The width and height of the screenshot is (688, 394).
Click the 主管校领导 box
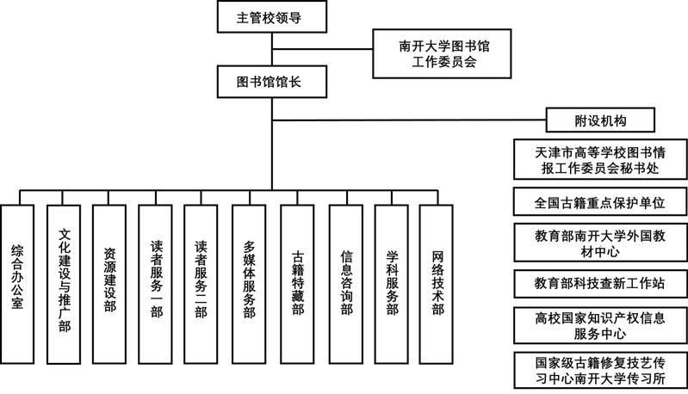click(272, 16)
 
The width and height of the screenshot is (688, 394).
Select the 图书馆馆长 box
click(272, 82)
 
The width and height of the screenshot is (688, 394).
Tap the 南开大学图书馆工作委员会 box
click(442, 53)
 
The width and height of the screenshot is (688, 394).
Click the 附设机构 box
click(600, 120)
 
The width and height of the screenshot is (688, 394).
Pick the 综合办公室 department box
click(17, 284)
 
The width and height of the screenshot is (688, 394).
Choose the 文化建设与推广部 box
click(64, 284)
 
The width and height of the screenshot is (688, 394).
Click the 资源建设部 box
click(109, 284)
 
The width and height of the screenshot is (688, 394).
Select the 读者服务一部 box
click(155, 284)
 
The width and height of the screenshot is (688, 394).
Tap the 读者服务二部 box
click(201, 284)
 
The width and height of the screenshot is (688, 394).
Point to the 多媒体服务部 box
click(249, 284)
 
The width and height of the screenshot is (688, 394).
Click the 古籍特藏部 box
click(297, 284)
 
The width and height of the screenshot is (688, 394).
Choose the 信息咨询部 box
click(346, 284)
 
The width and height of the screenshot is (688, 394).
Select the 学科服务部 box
click(392, 284)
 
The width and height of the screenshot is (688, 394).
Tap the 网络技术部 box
click(437, 284)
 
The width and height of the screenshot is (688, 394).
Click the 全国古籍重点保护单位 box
click(600, 202)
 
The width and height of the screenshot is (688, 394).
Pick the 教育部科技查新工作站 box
click(600, 284)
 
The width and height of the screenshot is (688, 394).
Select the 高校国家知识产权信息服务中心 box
click(600, 325)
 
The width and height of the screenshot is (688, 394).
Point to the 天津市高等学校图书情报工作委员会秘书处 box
click(600, 159)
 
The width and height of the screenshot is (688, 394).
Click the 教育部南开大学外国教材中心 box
click(600, 243)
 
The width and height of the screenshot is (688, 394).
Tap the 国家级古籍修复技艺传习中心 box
click(600, 370)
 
